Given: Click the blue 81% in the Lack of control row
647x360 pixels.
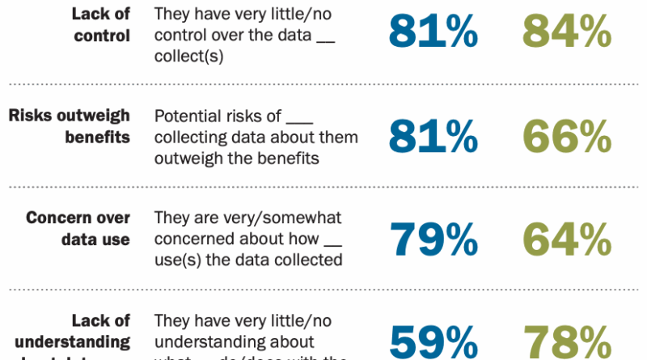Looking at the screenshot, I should pos(433,32).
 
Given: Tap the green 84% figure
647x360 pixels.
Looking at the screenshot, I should pos(566,32).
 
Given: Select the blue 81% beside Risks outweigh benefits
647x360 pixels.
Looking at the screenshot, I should pos(433,136).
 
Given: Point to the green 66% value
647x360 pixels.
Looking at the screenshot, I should pos(566,136).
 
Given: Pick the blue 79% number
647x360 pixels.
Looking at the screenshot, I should pos(433,239).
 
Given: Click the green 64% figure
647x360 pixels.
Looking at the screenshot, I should pos(566,239).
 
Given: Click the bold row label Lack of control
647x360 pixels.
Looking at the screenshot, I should pos(100,25).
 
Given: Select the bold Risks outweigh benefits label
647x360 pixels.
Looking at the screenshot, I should pos(70,125).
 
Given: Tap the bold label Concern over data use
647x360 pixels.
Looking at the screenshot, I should pos(78,229).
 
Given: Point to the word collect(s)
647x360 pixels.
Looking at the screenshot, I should pos(188,57).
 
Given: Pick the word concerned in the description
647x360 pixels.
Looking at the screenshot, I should pos(193,239).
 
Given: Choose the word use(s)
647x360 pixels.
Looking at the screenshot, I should pos(175,260).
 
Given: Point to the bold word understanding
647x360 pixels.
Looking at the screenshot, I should pos(78,342).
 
